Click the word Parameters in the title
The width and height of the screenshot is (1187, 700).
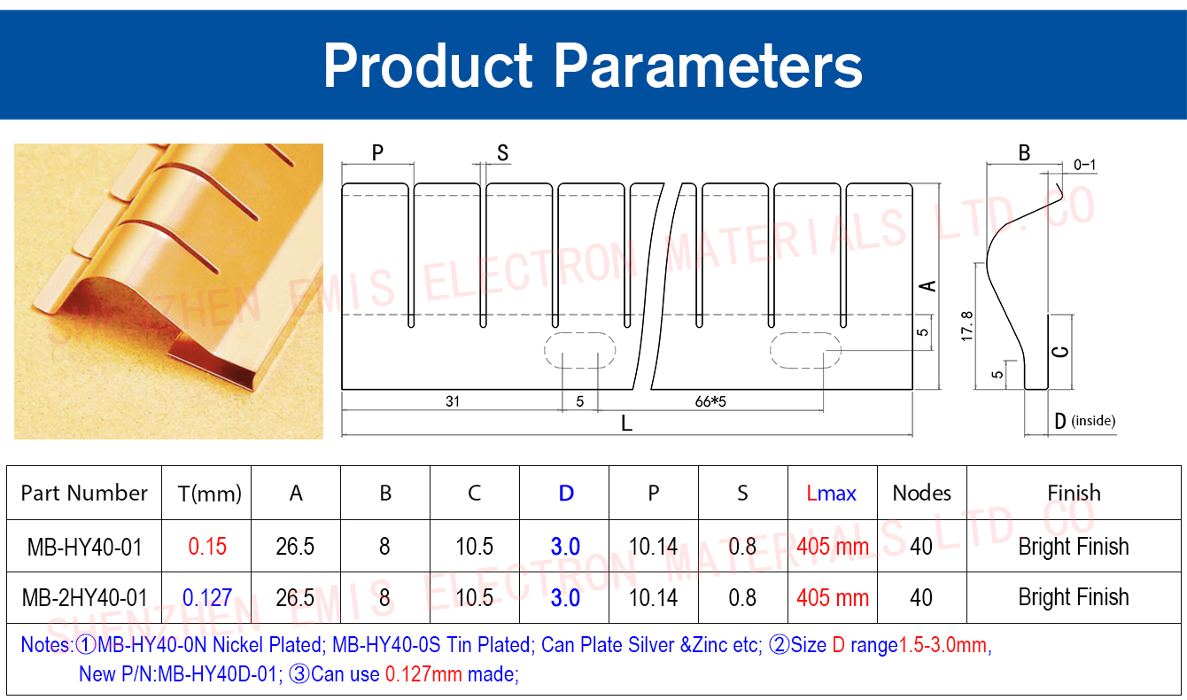708,66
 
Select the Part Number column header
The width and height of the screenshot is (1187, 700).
84,494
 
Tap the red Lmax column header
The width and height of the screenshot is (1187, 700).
831,494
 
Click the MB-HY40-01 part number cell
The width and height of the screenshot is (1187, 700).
85,547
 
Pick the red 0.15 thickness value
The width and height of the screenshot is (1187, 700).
207,547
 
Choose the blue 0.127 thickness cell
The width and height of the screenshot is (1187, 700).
207,598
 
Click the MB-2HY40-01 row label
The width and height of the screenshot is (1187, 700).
85,598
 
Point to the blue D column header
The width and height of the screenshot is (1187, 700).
566,494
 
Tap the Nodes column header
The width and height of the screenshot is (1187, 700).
921,494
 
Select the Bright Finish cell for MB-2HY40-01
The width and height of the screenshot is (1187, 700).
1074,598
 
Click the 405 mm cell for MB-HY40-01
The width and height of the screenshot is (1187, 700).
833,547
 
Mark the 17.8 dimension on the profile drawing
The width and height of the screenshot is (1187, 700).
966,326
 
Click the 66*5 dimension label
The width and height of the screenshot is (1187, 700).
710,401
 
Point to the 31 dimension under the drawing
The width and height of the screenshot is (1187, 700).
452,401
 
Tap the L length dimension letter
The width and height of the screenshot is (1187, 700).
626,424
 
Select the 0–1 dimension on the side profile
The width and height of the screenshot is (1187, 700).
1085,165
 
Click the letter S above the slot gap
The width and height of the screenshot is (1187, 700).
502,153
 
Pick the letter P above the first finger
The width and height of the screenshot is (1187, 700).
377,152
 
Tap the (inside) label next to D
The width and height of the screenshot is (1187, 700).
1093,421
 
